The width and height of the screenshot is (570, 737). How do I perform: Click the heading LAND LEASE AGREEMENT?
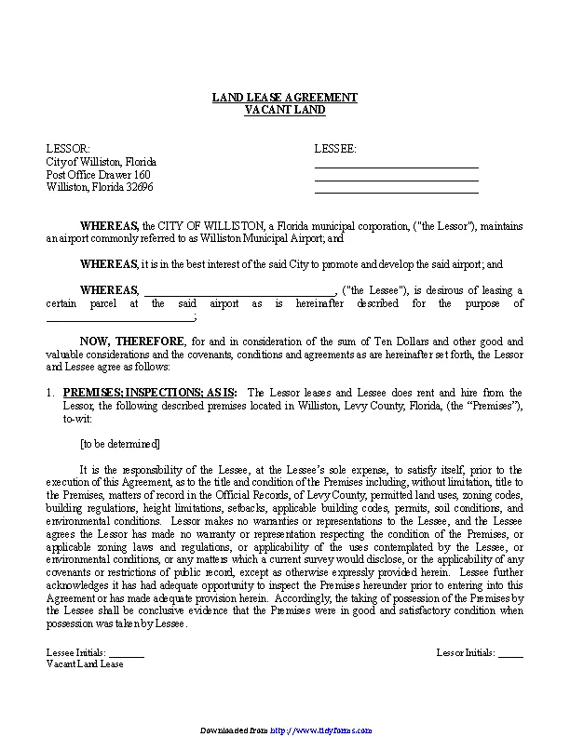tap(284, 98)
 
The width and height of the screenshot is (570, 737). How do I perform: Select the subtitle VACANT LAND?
tap(284, 110)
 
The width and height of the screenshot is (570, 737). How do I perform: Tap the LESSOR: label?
tap(68, 149)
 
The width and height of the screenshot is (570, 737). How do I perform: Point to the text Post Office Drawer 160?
tap(98, 175)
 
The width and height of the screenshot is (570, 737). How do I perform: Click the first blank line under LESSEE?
tap(396, 166)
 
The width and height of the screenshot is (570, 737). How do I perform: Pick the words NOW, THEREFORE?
tap(132, 342)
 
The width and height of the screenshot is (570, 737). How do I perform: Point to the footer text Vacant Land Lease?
tap(85, 664)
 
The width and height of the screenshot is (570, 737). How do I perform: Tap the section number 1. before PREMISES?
tap(50, 394)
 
